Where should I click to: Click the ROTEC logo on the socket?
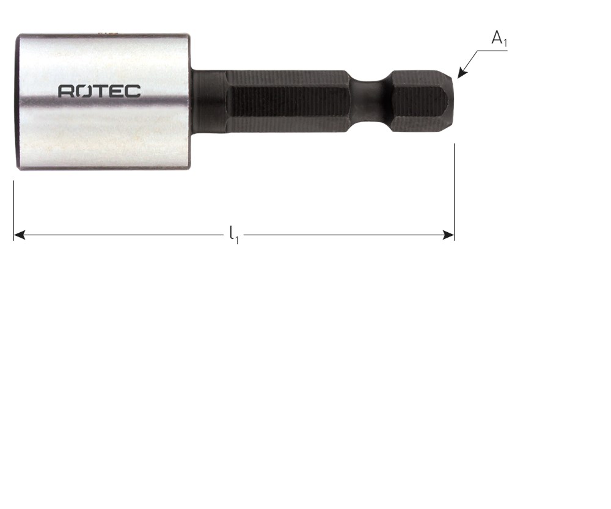tap(100, 91)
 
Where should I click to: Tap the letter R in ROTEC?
tap(65, 91)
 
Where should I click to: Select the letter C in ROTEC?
tap(134, 91)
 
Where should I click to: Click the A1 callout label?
tap(499, 39)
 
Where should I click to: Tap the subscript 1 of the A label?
tap(505, 43)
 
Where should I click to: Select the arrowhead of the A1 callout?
tap(461, 73)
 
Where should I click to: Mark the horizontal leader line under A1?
tap(492, 51)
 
